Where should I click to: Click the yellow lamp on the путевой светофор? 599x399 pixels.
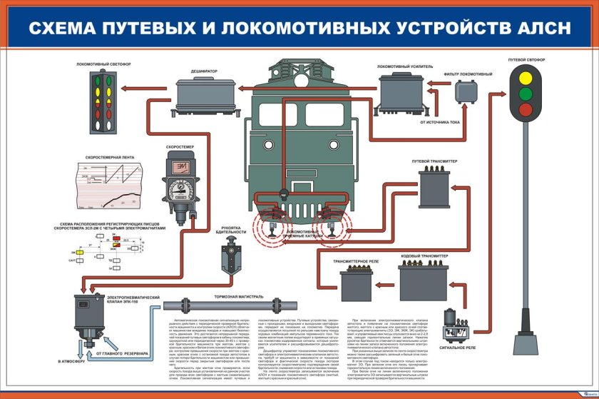(526, 77)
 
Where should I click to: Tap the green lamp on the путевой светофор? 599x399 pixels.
(526, 94)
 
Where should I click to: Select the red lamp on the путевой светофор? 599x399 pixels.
(526, 109)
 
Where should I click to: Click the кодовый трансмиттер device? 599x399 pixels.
(423, 280)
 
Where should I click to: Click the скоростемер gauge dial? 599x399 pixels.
(178, 189)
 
